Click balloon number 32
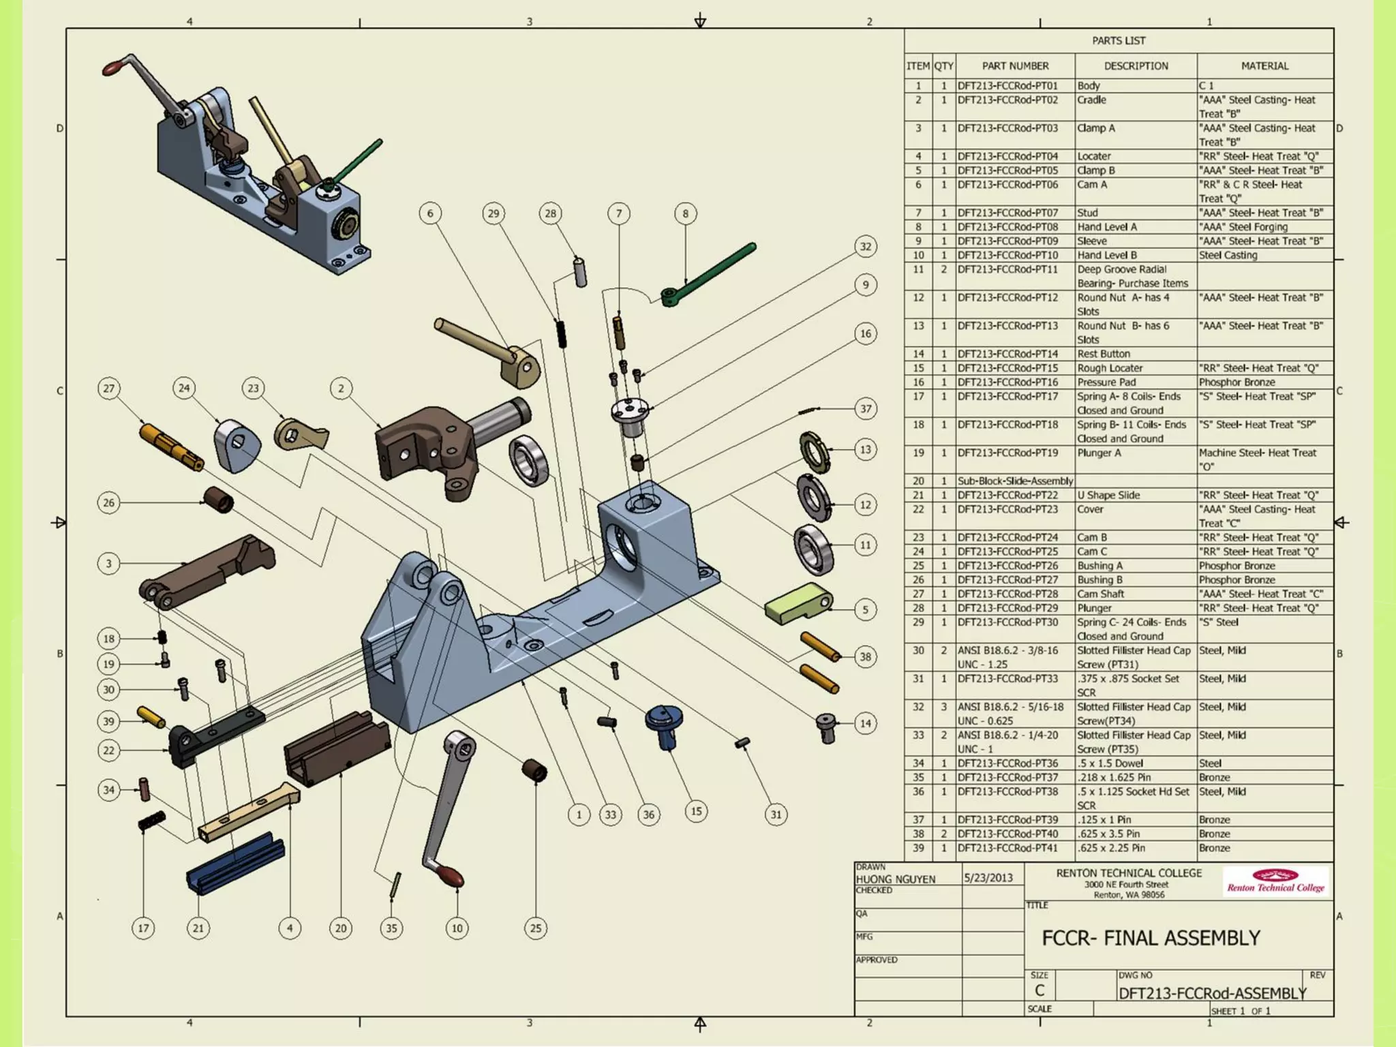click(x=865, y=247)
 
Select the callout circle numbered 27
click(x=109, y=389)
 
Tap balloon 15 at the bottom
click(x=696, y=811)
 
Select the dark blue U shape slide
click(x=235, y=862)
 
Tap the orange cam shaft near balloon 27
click(x=170, y=446)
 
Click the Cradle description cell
click(x=1092, y=100)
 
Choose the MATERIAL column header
click(x=1264, y=66)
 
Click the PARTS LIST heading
click(x=1118, y=41)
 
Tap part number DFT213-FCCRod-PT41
click(x=1007, y=848)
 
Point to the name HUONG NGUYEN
click(x=896, y=879)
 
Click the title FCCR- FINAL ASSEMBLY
click(x=1151, y=938)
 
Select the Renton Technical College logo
click(x=1275, y=881)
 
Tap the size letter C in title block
click(x=1040, y=990)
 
